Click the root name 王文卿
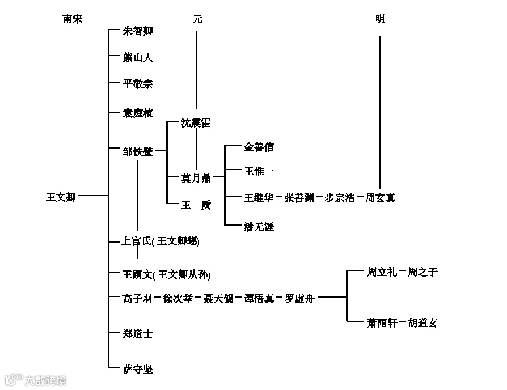coord(61,197)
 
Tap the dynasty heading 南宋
coord(73,19)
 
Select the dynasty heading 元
coord(197,19)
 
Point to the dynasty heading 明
coord(379,19)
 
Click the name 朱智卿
coord(138,31)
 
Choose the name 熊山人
coord(138,57)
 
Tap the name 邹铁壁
coord(138,151)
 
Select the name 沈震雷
coord(196,123)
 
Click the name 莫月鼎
coord(196,179)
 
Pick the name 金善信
coord(259,147)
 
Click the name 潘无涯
coord(259,227)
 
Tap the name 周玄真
coord(380,198)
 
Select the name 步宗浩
coord(339,198)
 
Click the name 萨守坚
coord(138,370)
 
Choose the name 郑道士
coord(138,333)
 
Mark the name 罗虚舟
coord(299,298)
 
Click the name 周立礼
coord(382,272)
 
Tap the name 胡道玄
coord(422,323)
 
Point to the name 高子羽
coord(138,298)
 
